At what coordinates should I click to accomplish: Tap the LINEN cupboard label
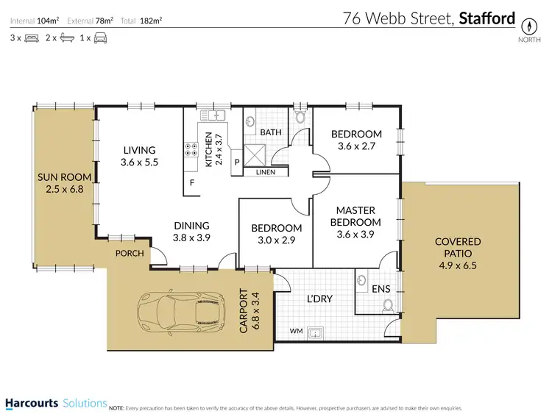point(265,172)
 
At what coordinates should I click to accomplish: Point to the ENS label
point(381,290)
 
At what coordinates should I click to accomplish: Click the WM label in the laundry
point(296,332)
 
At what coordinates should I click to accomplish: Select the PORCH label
point(130,253)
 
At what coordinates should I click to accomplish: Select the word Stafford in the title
point(487,18)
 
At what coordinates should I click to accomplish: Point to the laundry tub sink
point(318,332)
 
